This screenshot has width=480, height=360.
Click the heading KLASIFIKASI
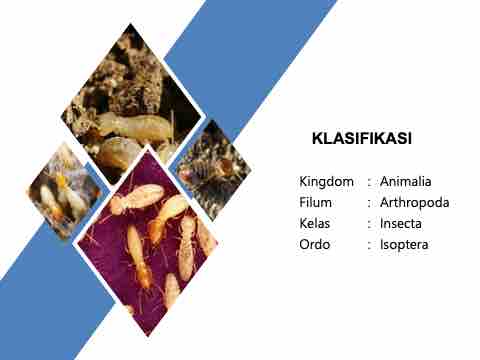(362, 138)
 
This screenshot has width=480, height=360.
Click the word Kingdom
(326, 182)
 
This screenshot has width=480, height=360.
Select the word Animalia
(406, 181)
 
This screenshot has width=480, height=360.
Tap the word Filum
(315, 202)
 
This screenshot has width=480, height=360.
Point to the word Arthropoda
(415, 203)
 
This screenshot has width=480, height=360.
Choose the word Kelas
(315, 223)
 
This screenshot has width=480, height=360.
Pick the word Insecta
(401, 223)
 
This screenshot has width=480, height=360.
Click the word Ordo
(315, 244)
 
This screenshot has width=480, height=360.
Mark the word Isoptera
(404, 245)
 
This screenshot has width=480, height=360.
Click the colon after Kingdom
(369, 183)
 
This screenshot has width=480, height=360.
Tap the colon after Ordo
(369, 246)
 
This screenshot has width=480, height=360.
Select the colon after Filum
(369, 204)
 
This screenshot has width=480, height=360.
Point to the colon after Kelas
(369, 225)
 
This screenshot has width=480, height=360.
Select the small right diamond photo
(211, 170)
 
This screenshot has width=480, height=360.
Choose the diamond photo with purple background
(147, 243)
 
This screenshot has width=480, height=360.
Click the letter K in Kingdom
(303, 181)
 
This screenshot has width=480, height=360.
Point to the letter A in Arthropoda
(385, 202)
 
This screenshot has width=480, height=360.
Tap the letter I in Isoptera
(382, 244)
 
